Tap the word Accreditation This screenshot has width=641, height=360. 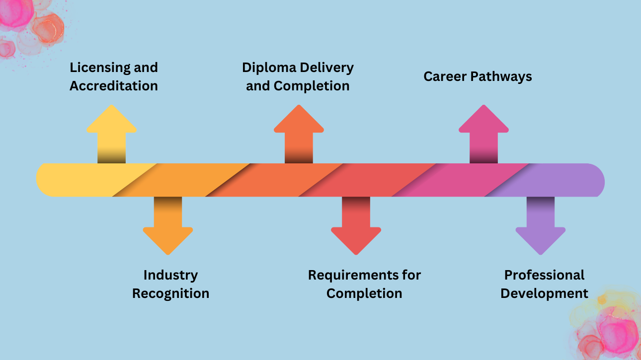tap(114, 86)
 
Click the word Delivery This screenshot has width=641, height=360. tap(327, 68)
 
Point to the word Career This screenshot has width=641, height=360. tap(444, 76)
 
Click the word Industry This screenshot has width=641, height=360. tap(170, 275)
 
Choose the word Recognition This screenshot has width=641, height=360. tap(170, 293)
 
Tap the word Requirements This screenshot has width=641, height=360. tap(350, 275)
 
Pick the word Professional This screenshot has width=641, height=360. tap(544, 275)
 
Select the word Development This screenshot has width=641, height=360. tap(544, 293)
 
